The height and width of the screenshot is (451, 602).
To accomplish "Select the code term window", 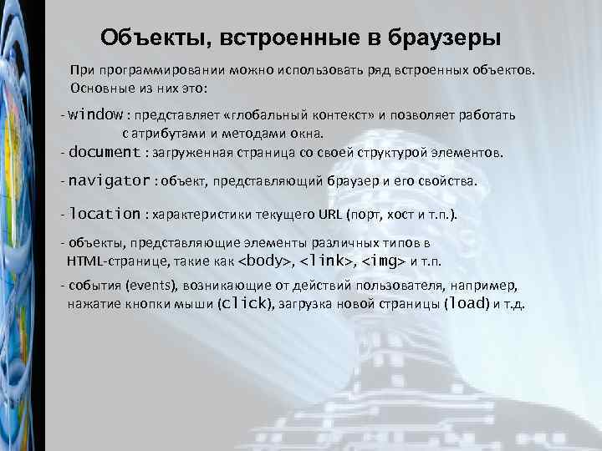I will pyautogui.click(x=96, y=114).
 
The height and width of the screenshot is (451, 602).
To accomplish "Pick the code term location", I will pyautogui.click(x=105, y=214).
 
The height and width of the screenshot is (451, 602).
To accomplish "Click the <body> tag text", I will pyautogui.click(x=267, y=261).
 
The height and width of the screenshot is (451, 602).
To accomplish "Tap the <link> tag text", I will pyautogui.click(x=328, y=261).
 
